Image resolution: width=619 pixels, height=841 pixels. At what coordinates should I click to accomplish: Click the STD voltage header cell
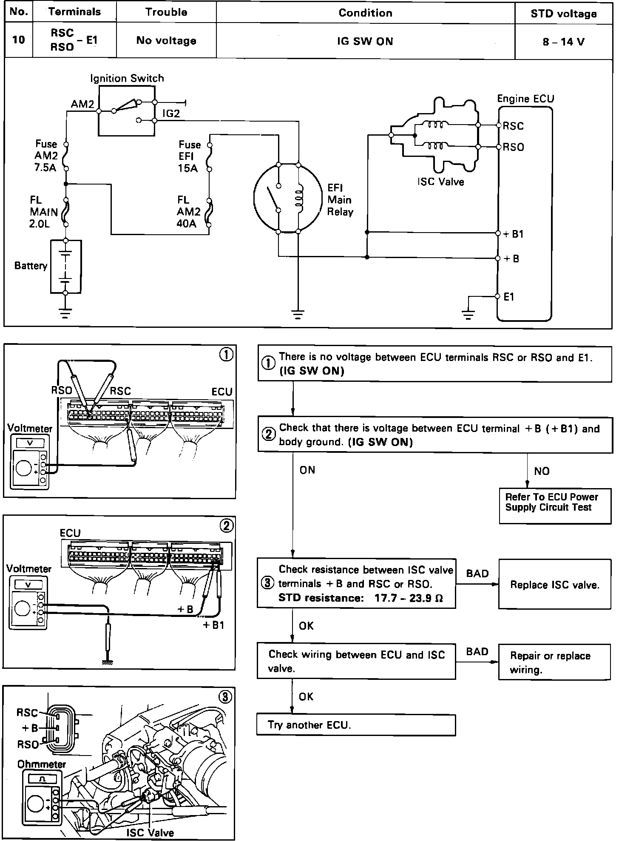[563, 14]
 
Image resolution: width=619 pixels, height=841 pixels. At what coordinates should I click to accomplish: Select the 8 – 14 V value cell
[563, 41]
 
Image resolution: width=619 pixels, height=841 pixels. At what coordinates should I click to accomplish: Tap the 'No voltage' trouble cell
[166, 40]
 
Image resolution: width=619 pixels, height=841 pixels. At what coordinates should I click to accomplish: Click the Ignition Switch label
[127, 78]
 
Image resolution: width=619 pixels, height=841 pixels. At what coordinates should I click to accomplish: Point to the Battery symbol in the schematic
[65, 267]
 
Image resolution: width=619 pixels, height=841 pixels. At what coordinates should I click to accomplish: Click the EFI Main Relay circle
[288, 199]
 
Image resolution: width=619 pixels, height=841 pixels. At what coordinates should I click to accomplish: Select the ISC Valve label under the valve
[440, 182]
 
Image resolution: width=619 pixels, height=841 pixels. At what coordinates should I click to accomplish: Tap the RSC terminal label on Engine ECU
[513, 126]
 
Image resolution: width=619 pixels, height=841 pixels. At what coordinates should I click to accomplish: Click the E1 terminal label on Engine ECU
[509, 297]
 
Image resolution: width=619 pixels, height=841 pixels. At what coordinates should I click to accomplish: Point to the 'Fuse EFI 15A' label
[189, 156]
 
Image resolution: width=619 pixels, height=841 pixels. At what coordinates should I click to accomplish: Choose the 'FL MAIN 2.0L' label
[44, 212]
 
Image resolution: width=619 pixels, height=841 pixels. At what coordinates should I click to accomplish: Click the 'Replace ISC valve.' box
[555, 585]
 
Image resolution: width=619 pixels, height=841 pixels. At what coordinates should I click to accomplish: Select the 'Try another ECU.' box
[356, 725]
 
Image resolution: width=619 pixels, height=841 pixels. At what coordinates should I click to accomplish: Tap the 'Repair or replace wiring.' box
[555, 662]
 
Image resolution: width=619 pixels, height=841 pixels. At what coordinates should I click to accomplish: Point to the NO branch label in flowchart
[542, 471]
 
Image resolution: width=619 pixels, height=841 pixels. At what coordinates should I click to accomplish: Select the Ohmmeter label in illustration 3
[42, 764]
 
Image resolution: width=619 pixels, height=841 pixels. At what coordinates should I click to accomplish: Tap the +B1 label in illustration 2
[213, 625]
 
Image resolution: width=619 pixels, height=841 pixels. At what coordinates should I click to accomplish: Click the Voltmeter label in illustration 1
[30, 428]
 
